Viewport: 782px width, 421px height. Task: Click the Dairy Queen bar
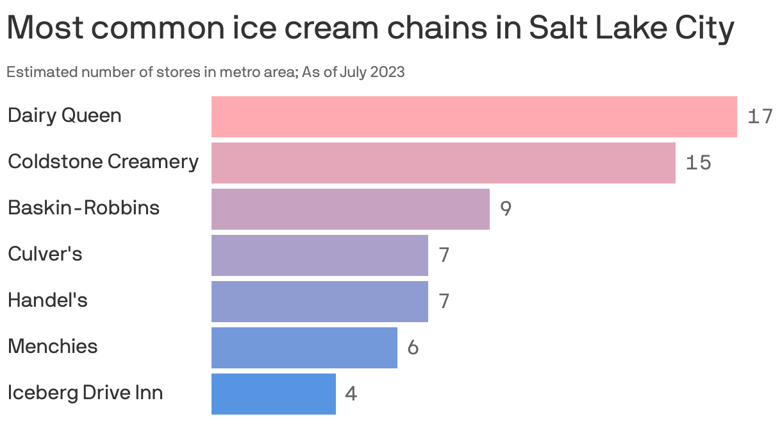474,116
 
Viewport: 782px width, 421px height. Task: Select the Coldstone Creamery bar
443,162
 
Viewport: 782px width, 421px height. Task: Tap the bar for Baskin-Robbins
350,209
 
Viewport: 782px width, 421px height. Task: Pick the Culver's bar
319,255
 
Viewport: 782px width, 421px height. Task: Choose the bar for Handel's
319,301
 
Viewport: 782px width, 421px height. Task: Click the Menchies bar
304,347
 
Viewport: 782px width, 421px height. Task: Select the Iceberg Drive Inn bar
273,393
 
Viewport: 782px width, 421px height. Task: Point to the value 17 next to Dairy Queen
760,117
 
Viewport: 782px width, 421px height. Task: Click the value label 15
698,163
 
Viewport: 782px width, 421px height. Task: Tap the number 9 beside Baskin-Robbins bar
506,209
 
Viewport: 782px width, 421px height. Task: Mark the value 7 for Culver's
444,255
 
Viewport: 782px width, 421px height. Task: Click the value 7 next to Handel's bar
444,302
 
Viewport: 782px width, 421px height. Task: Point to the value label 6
413,348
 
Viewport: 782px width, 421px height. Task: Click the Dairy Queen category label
64,116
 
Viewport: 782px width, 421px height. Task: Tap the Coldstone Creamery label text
103,162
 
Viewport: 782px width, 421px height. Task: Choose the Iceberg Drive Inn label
85,393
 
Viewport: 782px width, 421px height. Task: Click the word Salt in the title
560,29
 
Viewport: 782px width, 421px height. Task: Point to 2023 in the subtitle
388,72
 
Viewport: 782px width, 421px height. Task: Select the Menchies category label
53,347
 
